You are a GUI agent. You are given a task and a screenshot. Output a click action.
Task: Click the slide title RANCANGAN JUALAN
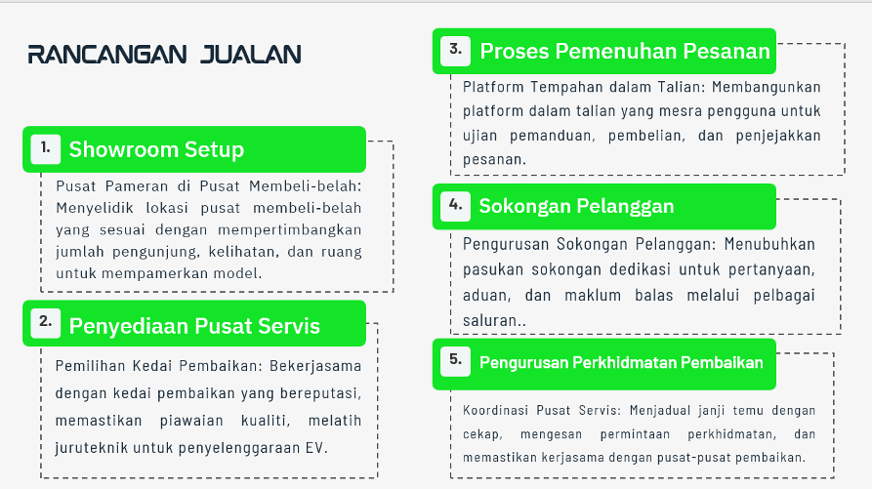click(165, 55)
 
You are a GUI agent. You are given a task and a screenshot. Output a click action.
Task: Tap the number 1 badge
click(46, 149)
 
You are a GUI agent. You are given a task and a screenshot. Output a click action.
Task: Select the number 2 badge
click(46, 323)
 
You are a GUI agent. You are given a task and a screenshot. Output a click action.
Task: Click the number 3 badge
click(455, 51)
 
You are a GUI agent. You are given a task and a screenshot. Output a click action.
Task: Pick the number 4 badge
click(455, 207)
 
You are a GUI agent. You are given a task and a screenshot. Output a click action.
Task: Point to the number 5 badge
click(455, 362)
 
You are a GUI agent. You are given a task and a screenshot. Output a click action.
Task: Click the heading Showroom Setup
click(156, 149)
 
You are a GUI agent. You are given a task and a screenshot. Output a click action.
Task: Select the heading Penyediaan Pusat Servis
click(194, 326)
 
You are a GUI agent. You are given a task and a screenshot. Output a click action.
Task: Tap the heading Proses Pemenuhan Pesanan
click(625, 51)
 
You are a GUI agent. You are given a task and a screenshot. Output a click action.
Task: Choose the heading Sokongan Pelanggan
click(577, 207)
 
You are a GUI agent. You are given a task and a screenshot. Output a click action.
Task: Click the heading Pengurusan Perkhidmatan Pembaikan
click(621, 363)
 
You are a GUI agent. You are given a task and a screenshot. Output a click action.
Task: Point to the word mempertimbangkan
click(289, 230)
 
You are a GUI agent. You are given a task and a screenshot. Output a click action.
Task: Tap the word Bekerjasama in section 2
click(315, 366)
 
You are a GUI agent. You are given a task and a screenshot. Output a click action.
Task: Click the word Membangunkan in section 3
click(767, 87)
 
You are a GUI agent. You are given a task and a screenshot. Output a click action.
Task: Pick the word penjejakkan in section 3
click(778, 136)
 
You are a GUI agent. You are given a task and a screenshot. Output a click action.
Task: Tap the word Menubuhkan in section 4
click(769, 244)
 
